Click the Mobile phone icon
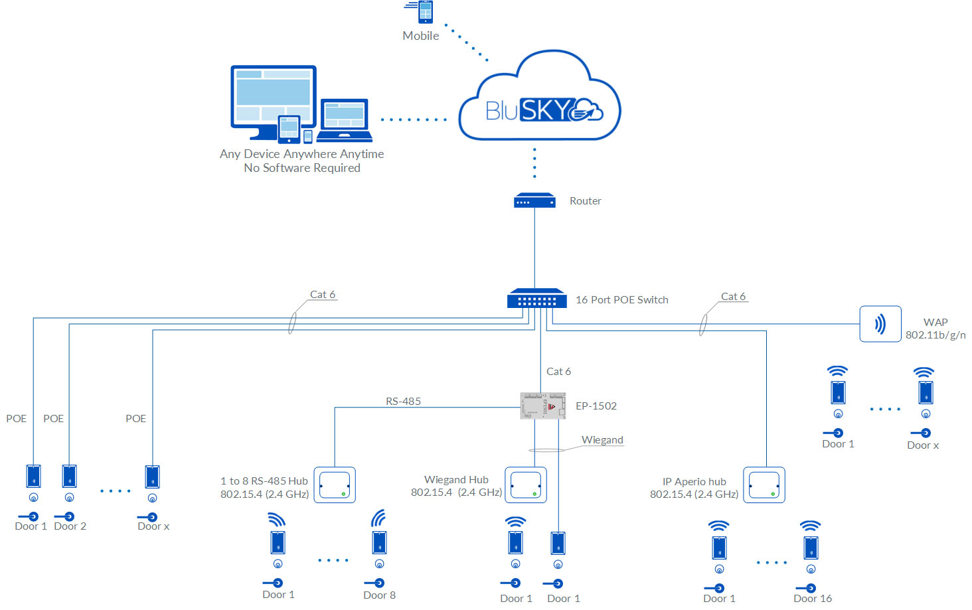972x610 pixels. pyautogui.click(x=425, y=12)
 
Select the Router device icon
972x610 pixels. pyautogui.click(x=534, y=200)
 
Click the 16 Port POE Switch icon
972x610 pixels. pyautogui.click(x=536, y=299)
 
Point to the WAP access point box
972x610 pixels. pyautogui.click(x=880, y=324)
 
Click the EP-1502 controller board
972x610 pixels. pyautogui.click(x=542, y=406)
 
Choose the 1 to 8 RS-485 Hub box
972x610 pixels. pyautogui.click(x=335, y=485)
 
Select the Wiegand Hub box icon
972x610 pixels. pyautogui.click(x=526, y=485)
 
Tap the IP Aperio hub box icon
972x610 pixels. pyautogui.click(x=764, y=485)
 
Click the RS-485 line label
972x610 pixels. pyautogui.click(x=403, y=402)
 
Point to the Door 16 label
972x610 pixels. pyautogui.click(x=813, y=599)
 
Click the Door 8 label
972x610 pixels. pyautogui.click(x=379, y=595)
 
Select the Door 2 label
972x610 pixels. pyautogui.click(x=70, y=526)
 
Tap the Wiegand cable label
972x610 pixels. pyautogui.click(x=602, y=440)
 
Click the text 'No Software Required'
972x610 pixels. pyautogui.click(x=302, y=168)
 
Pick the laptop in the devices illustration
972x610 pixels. pyautogui.click(x=344, y=120)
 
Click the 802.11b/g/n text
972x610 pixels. pyautogui.click(x=935, y=335)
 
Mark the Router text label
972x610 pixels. pyautogui.click(x=585, y=201)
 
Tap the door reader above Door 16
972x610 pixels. pyautogui.click(x=811, y=548)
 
